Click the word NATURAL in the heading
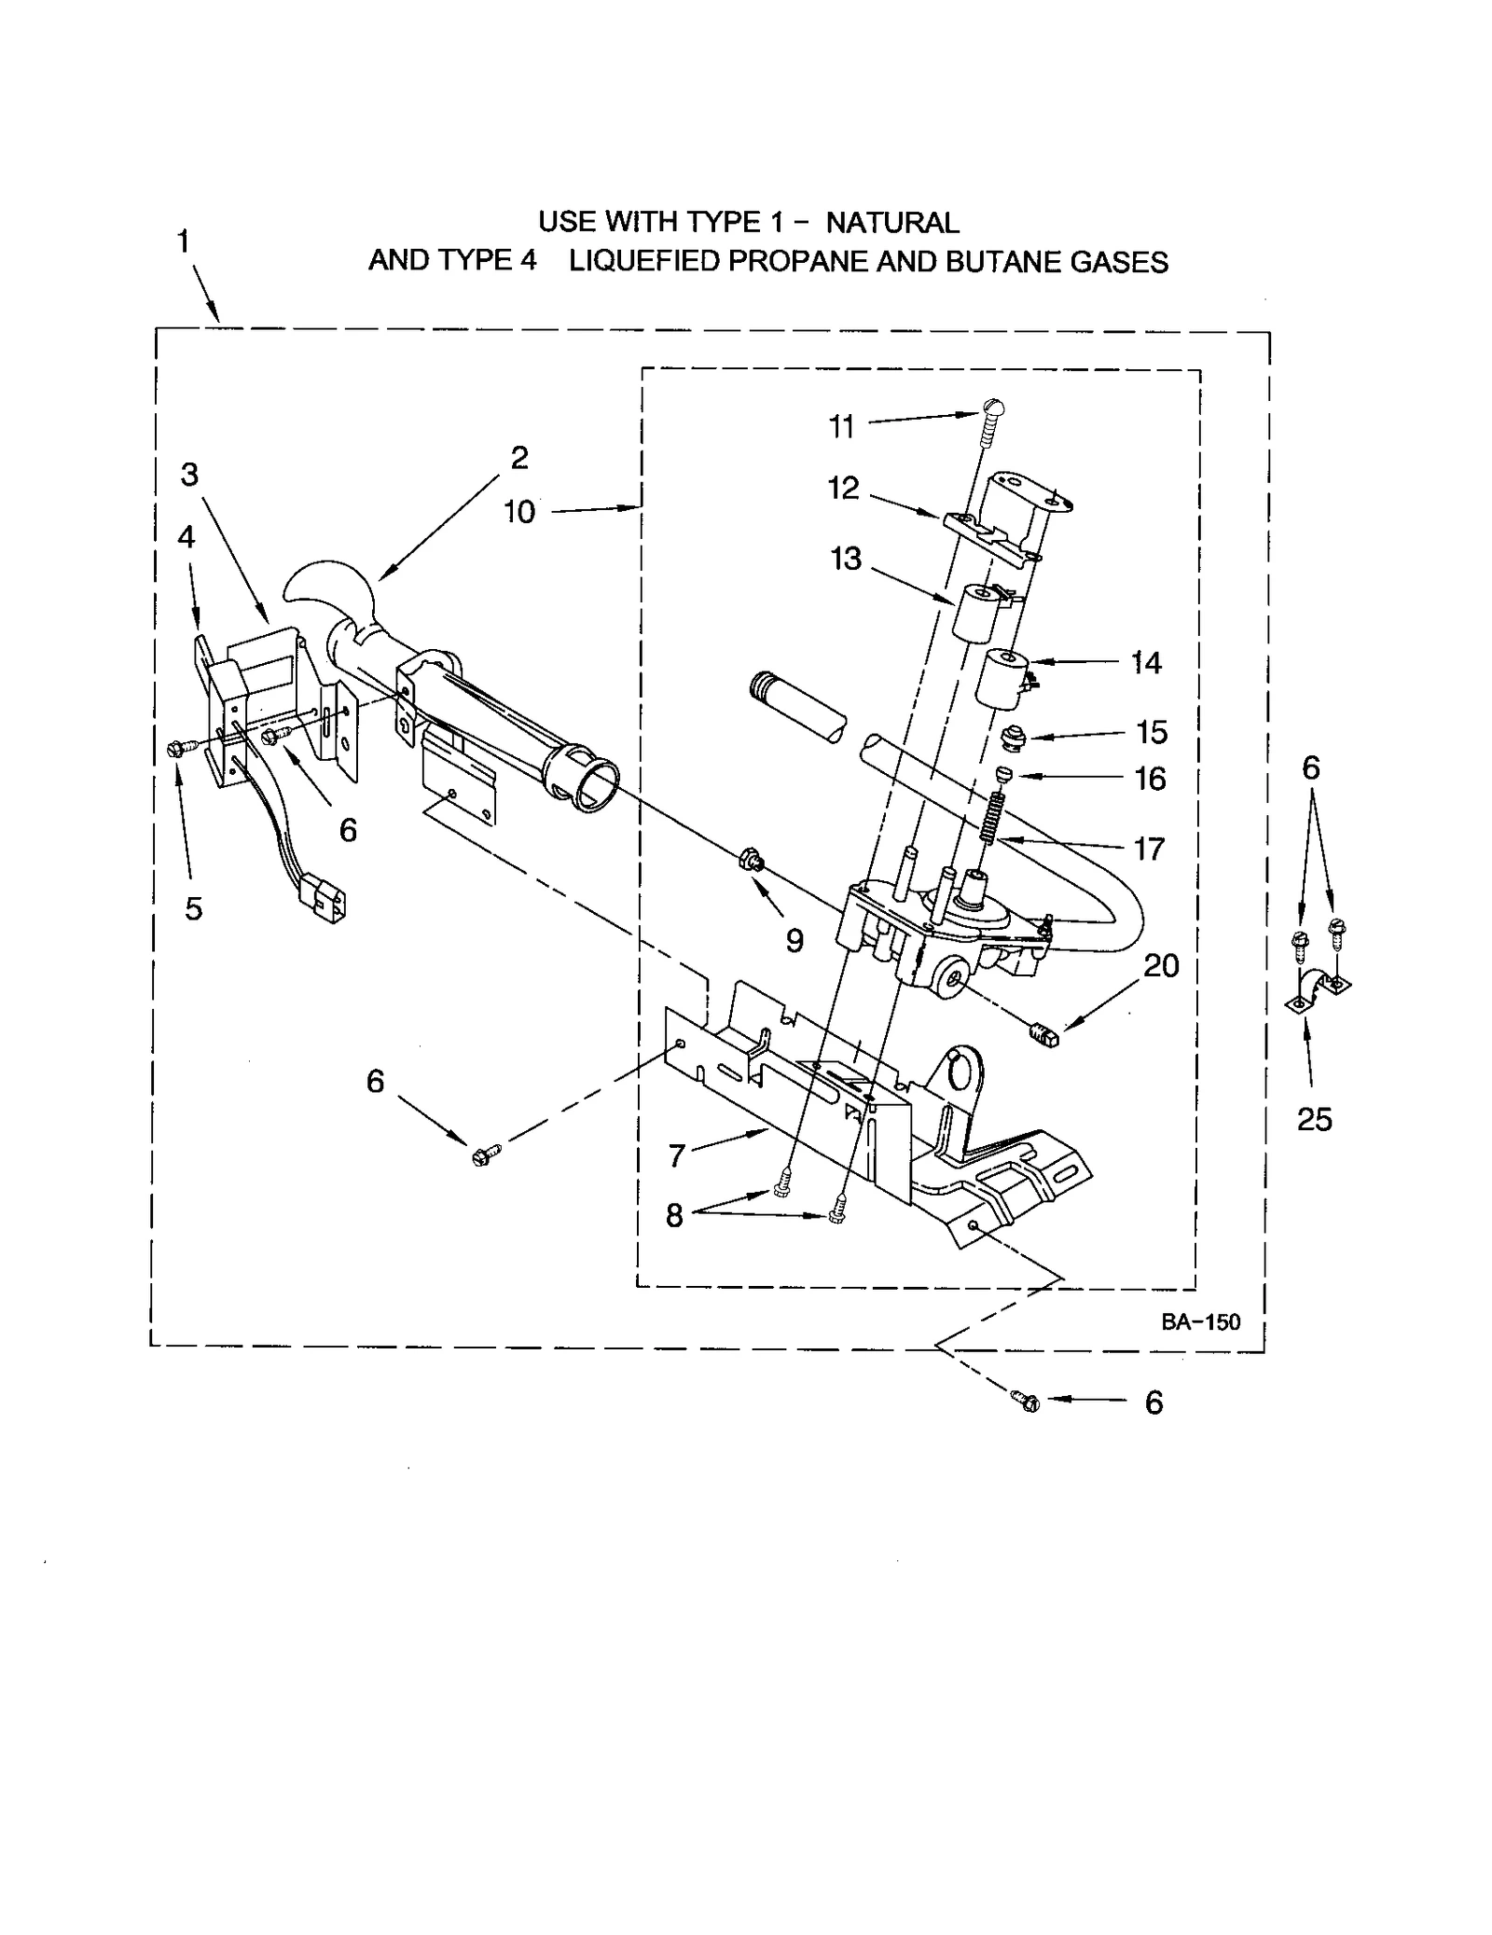click(891, 223)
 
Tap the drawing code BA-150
click(1200, 1321)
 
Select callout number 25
click(1314, 1118)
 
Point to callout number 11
click(841, 427)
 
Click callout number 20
click(1161, 965)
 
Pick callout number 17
click(1149, 849)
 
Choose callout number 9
click(794, 940)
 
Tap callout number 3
click(189, 475)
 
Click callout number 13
click(846, 559)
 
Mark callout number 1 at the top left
click(184, 242)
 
